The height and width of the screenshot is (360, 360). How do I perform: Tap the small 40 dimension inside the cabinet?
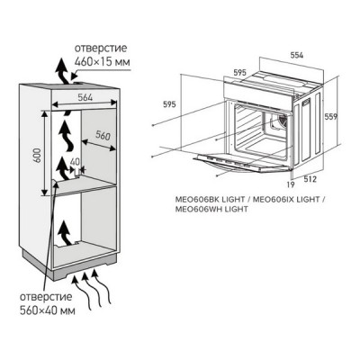pos(75,162)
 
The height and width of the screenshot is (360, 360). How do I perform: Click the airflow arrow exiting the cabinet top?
pos(59,68)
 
